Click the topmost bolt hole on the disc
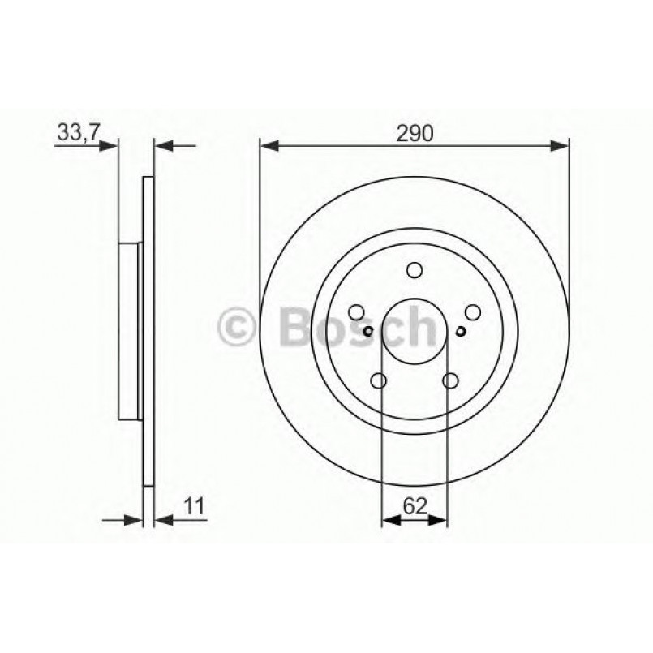point(415,270)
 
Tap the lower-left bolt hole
point(378,381)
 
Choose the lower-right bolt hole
point(451,381)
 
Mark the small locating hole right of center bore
point(462,330)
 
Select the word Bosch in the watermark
point(357,327)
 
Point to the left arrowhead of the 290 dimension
point(269,146)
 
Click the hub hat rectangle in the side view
point(130,331)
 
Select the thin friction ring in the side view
point(148,331)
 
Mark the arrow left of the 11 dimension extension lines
point(132,517)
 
